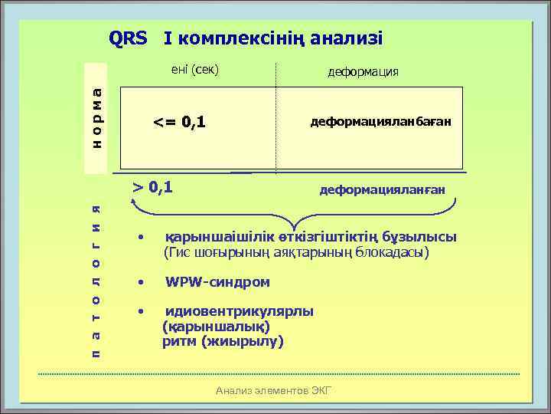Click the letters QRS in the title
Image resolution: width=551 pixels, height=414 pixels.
click(128, 38)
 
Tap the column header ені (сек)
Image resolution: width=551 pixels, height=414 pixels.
click(194, 70)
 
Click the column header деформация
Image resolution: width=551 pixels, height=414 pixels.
click(363, 72)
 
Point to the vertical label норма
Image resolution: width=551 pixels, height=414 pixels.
click(96, 116)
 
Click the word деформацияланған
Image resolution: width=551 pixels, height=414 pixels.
click(381, 189)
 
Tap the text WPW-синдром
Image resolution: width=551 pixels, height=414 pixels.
click(217, 282)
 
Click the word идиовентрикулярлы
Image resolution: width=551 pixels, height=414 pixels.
click(240, 312)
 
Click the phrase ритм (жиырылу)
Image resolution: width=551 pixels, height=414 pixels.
click(222, 342)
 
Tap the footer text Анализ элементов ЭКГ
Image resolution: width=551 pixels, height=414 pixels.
click(274, 391)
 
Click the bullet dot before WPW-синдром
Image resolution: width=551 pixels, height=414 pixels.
click(140, 282)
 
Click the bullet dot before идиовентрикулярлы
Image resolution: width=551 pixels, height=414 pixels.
click(140, 312)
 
